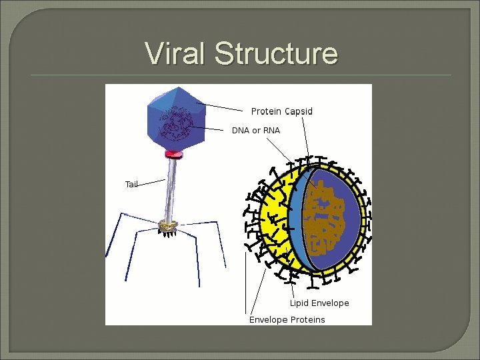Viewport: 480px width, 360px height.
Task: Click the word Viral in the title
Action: tap(176, 53)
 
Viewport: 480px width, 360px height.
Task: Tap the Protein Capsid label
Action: tap(281, 111)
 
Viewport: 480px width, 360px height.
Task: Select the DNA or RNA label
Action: tap(256, 131)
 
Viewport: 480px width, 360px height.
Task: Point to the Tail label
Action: tap(131, 184)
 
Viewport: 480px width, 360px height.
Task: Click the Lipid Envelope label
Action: tap(319, 303)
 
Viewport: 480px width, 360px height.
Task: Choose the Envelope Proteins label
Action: tap(287, 320)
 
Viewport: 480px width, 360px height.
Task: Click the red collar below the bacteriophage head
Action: tap(173, 155)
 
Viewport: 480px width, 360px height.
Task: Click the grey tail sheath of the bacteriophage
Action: tap(172, 190)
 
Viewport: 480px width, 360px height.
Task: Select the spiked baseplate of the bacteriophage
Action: tap(169, 227)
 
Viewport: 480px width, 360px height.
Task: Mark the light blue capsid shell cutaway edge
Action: tap(297, 220)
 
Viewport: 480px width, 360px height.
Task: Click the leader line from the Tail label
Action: tap(151, 181)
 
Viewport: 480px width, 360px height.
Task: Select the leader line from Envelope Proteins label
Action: tap(247, 280)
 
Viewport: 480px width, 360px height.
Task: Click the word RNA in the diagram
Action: tap(271, 131)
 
